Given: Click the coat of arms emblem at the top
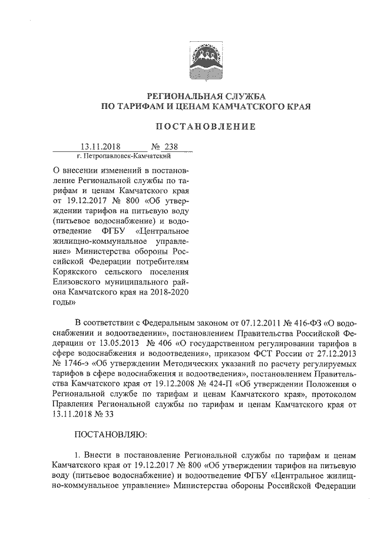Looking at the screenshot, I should pos(200,63).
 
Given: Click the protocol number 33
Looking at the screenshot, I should pos(108,418).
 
